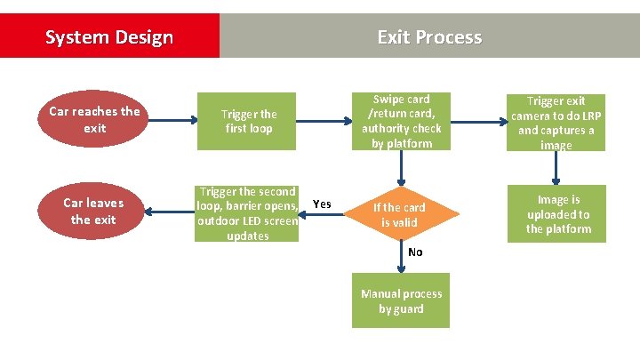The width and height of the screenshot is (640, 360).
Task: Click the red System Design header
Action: pos(109,36)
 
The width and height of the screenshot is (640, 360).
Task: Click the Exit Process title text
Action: pos(429,36)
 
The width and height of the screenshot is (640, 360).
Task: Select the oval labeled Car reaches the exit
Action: pos(94,120)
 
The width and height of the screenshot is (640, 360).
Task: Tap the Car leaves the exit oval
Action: pos(94,212)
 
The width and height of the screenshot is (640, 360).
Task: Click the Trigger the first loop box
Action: pos(249,121)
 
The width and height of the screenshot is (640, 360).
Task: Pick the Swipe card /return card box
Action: pos(401,121)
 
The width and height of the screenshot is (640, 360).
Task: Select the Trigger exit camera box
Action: pos(556,123)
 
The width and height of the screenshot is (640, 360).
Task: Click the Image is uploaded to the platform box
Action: pos(558,214)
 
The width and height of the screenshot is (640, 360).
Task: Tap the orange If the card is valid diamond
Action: pos(399,214)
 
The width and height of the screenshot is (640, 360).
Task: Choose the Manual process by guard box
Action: pos(401,301)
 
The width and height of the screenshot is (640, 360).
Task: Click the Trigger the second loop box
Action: pos(247,213)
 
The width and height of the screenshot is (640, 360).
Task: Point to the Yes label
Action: pos(323,204)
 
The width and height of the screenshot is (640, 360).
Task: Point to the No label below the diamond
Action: pos(415,252)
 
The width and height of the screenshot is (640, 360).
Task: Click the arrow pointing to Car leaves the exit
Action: pos(169,212)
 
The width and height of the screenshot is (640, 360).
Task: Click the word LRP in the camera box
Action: pos(583,116)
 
